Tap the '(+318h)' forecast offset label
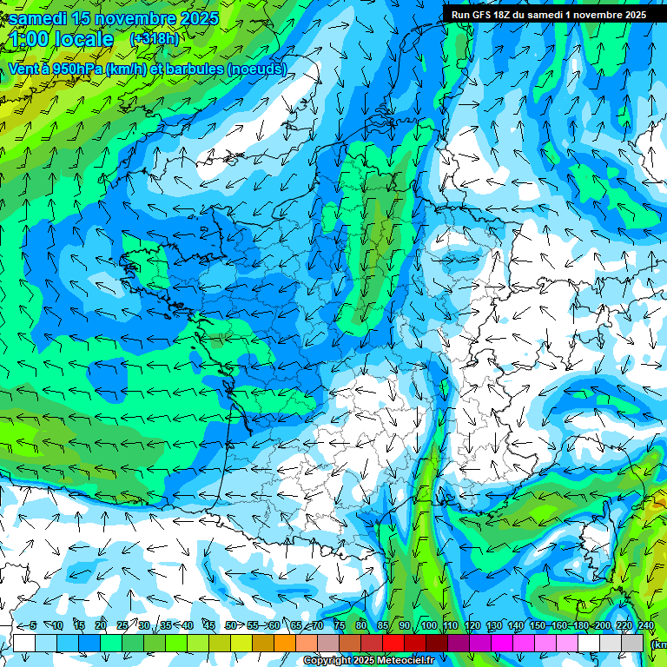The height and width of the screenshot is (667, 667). pos(155,39)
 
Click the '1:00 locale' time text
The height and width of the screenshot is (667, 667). pos(62,39)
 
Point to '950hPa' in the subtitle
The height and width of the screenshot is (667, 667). pos(76,69)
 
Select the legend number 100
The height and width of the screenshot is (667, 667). pos(429,625)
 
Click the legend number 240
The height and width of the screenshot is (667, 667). pos(645,625)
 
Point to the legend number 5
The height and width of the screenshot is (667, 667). pos(33,625)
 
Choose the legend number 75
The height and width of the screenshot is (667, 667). pos(339,625)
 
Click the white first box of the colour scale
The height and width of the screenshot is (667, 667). pos(24,643)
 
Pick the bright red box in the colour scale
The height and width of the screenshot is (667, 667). pos(393,643)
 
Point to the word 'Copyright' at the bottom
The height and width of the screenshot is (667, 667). pos(327,661)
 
